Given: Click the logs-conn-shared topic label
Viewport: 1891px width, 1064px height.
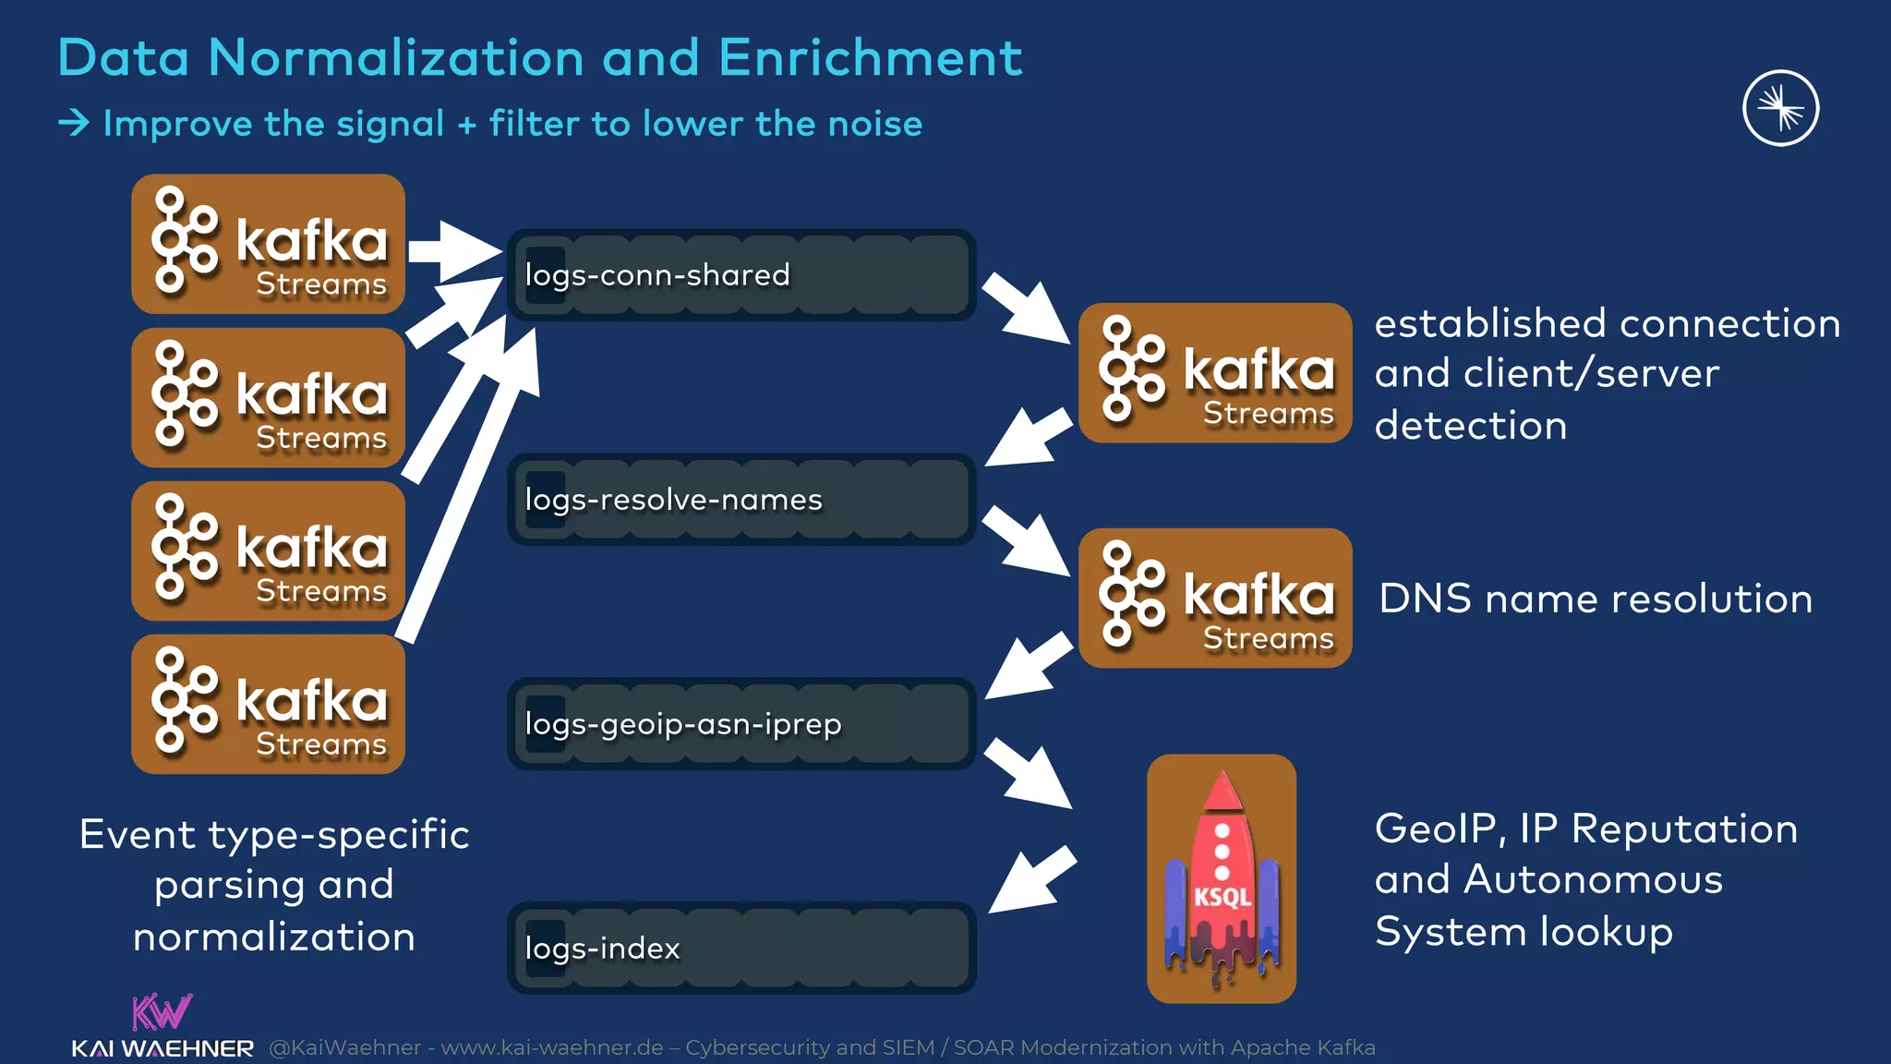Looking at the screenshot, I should [657, 275].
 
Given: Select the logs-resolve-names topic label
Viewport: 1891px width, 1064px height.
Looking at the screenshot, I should [673, 500].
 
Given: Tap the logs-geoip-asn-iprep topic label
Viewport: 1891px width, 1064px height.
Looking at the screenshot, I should [683, 724].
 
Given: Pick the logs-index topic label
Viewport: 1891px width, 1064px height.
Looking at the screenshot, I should [602, 949].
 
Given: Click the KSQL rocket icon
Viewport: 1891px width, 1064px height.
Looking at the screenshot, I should [1221, 878].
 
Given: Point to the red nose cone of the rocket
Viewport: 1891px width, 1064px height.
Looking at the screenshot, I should [1223, 792].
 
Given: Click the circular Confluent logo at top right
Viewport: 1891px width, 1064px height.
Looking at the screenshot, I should [1780, 108].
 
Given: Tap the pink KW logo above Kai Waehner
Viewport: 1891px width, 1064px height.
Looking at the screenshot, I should [162, 1011].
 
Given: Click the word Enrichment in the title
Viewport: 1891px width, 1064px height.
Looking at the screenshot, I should [870, 57].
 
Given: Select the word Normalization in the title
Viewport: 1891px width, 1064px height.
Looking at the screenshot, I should [396, 57].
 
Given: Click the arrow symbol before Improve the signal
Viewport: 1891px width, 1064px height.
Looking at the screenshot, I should [74, 123].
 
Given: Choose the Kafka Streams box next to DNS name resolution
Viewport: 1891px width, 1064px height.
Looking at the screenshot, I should [1215, 598].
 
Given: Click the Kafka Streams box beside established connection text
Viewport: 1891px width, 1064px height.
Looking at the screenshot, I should [1215, 373].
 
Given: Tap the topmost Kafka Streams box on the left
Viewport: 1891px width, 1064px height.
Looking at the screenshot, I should [268, 244].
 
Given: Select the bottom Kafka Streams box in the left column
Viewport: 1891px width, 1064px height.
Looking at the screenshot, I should [268, 704].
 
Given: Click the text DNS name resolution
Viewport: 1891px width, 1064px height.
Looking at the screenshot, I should [1595, 598].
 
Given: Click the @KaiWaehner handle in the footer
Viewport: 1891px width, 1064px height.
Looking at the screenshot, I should [344, 1047].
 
